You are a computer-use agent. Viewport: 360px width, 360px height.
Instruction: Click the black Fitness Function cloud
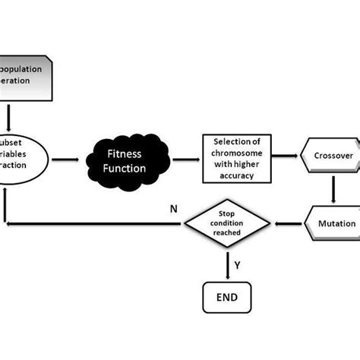pyautogui.click(x=126, y=160)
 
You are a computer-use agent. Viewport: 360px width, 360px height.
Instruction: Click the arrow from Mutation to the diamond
pyautogui.click(x=289, y=223)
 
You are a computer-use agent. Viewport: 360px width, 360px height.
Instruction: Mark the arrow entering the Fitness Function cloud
pyautogui.click(x=69, y=160)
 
